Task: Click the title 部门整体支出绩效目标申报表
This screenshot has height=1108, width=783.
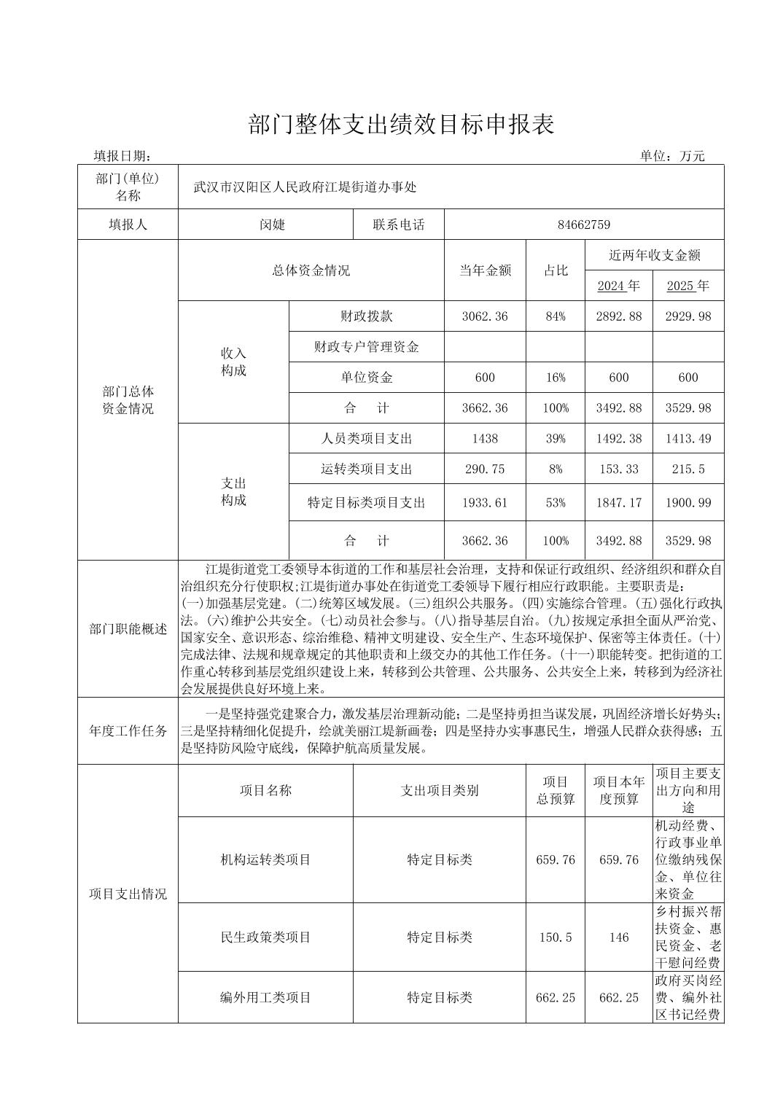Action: coord(401,125)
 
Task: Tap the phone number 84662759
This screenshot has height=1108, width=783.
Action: coord(583,225)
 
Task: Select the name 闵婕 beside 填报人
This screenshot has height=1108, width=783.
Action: coord(272,225)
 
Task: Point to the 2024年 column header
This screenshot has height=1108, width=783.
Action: coord(618,286)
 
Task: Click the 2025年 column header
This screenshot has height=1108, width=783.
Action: coord(687,286)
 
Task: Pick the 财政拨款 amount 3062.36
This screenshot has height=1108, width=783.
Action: coord(485,316)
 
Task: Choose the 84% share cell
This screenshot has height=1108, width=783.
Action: coord(555,316)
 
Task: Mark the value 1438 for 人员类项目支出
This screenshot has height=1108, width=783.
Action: coord(485,439)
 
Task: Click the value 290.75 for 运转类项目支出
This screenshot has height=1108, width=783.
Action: coord(485,469)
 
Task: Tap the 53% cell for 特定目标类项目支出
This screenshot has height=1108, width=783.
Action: coord(555,503)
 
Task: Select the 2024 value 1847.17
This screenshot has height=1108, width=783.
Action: coord(618,503)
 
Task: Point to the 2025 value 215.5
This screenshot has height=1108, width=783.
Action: coord(687,469)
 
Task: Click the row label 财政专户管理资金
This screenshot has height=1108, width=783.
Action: coord(366,347)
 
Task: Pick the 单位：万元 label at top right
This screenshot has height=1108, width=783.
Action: coord(672,155)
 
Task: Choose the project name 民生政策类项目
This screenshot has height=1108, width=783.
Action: coord(265,937)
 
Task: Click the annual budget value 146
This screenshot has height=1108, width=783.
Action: coord(618,937)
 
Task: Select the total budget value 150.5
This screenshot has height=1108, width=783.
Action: coord(555,937)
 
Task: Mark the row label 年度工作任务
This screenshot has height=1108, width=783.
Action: coord(128,731)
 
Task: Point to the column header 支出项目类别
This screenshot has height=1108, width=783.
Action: coord(439,791)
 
